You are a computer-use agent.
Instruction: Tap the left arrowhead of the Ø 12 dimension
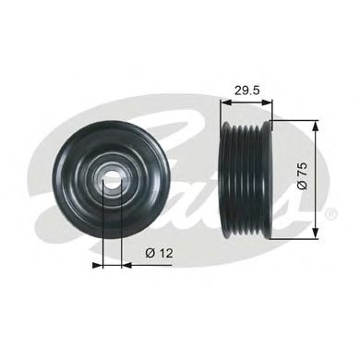point(99,262)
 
